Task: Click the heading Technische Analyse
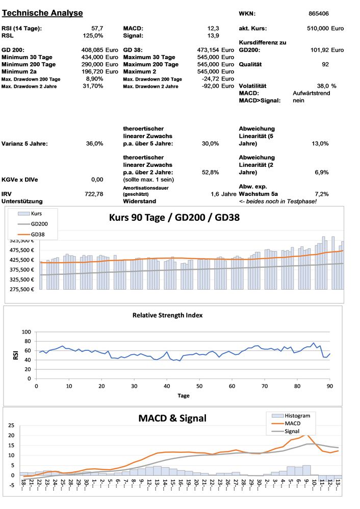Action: coord(42,13)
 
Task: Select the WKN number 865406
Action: coord(319,14)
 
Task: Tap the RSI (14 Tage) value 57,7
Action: coord(97,28)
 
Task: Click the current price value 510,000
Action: coord(317,28)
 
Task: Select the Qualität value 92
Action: coord(325,64)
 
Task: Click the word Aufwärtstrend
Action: coord(312,93)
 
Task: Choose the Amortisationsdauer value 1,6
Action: coord(215,194)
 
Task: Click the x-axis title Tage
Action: coord(183,395)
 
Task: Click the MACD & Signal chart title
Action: coord(172,418)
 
